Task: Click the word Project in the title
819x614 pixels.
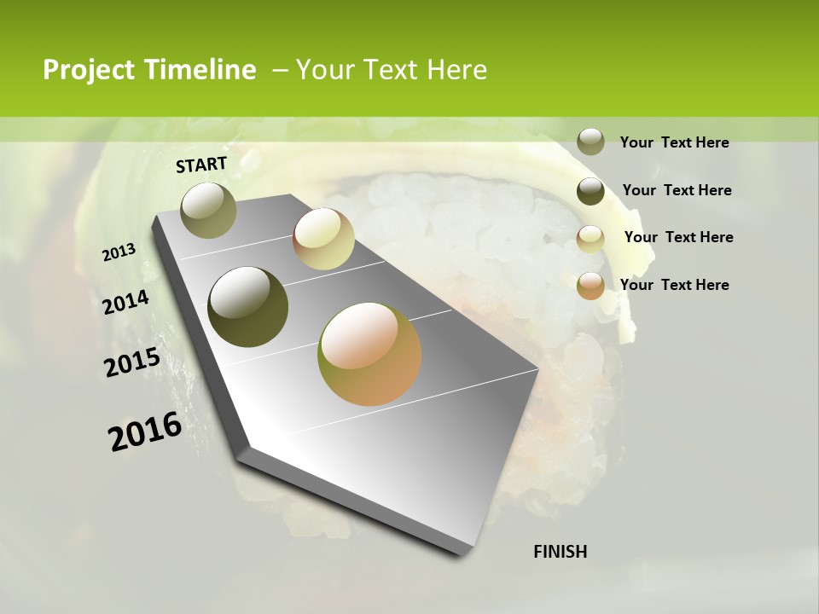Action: click(89, 71)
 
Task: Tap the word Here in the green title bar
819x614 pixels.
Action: click(456, 71)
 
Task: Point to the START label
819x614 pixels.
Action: click(201, 165)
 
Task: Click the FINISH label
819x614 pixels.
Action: click(561, 552)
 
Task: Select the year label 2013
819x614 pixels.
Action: click(119, 252)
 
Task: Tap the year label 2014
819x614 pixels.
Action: click(126, 303)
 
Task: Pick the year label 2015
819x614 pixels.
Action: click(132, 362)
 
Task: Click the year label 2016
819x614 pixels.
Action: click(145, 432)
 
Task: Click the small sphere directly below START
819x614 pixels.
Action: click(208, 210)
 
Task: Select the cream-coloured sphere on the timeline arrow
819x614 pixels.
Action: click(323, 239)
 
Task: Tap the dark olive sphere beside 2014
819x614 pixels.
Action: click(247, 307)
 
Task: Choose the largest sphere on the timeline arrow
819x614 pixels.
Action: click(369, 354)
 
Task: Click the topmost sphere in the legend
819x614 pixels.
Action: click(590, 142)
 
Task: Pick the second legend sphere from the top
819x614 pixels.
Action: click(590, 191)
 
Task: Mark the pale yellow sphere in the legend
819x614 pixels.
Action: click(590, 239)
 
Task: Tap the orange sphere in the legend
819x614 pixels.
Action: click(590, 286)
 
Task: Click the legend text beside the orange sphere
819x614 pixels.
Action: click(674, 285)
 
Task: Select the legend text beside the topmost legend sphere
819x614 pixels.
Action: click(674, 142)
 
